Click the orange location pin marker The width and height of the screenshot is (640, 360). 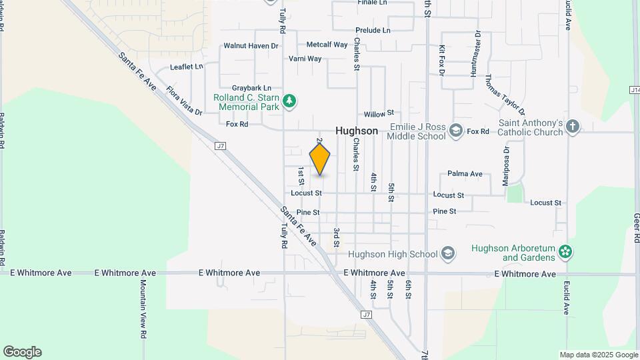[x=320, y=159]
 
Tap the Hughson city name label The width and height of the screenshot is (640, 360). [x=357, y=131]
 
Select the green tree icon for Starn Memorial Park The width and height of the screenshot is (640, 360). [x=289, y=101]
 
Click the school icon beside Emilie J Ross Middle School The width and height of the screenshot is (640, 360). [x=456, y=130]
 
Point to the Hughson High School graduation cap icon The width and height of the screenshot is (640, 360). [x=448, y=253]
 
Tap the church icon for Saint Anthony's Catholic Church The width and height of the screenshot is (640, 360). [x=573, y=127]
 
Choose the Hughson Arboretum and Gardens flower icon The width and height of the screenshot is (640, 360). [x=565, y=252]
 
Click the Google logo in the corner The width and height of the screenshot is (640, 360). [x=22, y=352]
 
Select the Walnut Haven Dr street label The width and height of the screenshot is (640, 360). [x=241, y=46]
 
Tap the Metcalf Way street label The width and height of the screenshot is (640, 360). [x=327, y=45]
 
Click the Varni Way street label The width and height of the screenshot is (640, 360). [x=305, y=59]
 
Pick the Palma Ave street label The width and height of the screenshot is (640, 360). [x=465, y=174]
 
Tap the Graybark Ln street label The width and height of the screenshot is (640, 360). [x=251, y=88]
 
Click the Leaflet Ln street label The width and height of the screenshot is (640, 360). [x=186, y=67]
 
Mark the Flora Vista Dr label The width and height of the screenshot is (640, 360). [x=184, y=101]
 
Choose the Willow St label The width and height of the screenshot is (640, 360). [x=379, y=113]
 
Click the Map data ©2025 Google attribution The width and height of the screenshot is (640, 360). [x=598, y=355]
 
